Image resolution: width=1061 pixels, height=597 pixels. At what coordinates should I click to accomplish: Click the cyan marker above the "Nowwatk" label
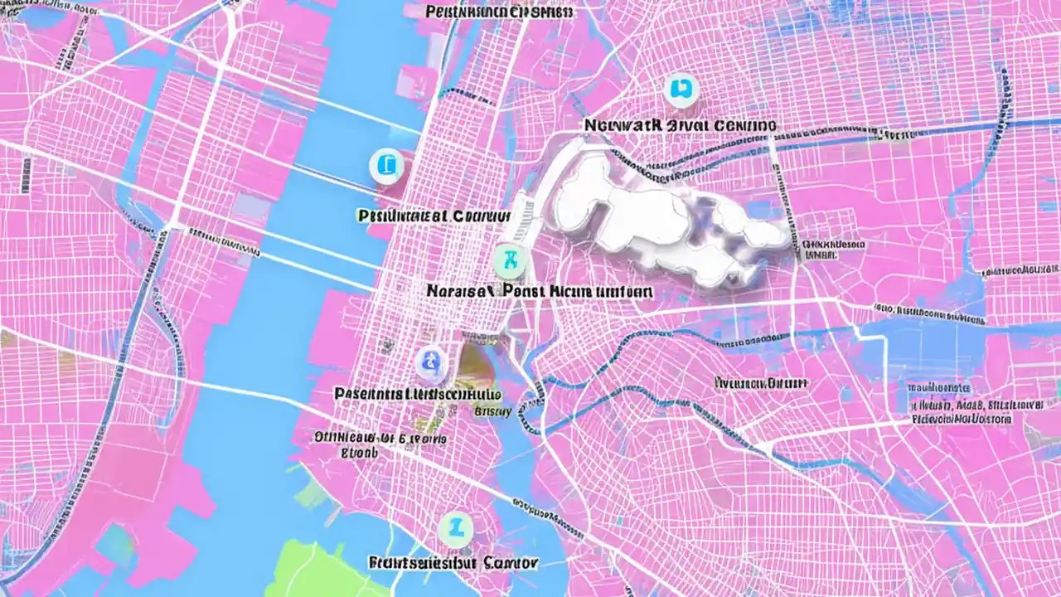coord(681,90)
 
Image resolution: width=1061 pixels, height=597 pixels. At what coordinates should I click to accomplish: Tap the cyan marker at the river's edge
coord(385,166)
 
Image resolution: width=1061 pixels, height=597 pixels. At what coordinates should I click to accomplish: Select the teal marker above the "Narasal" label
coord(510,261)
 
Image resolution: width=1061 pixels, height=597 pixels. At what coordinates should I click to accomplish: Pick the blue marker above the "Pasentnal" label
coord(429,361)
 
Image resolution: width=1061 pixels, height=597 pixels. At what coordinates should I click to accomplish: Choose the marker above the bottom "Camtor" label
coord(455,527)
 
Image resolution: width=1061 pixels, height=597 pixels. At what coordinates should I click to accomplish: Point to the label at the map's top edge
coord(499,12)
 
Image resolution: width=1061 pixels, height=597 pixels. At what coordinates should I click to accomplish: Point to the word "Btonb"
coord(360,454)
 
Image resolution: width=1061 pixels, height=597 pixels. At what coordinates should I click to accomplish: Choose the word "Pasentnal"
coord(370,393)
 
